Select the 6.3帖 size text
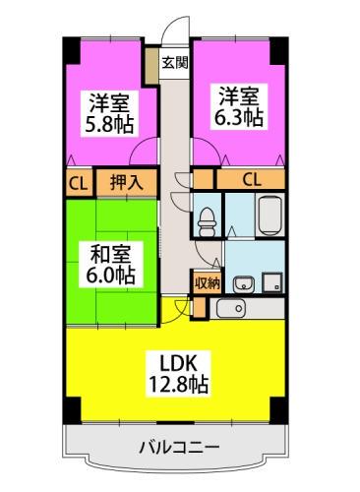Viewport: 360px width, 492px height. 240,118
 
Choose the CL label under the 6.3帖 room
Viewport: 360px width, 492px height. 251,180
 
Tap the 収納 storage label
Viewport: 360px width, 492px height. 206,281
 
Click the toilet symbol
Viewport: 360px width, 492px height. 206,219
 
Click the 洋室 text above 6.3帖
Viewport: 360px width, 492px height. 240,95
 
